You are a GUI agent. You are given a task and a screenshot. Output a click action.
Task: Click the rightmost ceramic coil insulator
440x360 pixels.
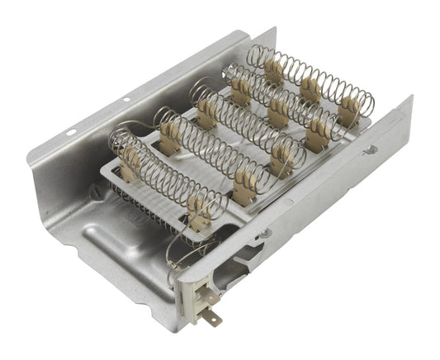click(x=350, y=107)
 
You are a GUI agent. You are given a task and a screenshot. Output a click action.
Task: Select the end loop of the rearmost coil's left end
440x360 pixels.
click(x=253, y=55)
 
